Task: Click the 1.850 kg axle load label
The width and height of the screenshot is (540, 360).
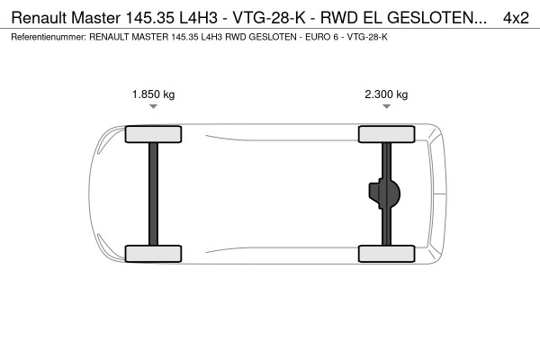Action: point(153,94)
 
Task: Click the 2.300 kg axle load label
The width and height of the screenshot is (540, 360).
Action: point(386,94)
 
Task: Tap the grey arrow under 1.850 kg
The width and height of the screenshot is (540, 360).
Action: point(153,106)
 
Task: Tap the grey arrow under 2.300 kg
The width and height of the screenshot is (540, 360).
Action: point(386,106)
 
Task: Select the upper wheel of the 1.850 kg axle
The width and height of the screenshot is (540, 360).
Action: point(153,134)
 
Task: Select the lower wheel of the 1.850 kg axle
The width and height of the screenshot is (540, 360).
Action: point(153,254)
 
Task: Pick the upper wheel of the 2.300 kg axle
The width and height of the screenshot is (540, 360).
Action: point(386,134)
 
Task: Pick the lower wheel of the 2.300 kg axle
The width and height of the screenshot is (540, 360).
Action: point(386,254)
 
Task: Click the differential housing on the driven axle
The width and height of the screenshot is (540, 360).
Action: point(384,193)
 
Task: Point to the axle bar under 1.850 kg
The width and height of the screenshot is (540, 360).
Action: point(153,194)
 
